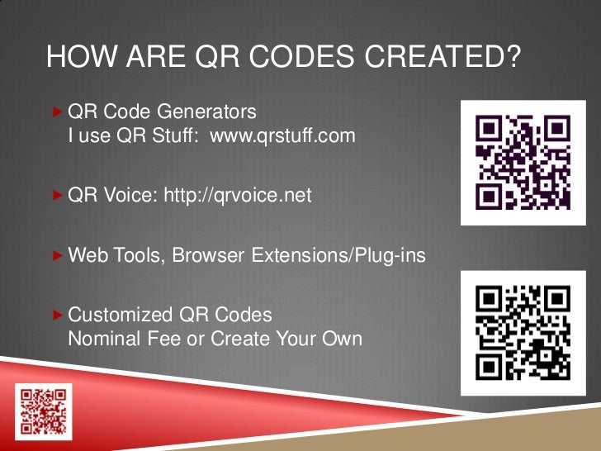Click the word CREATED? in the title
(x=448, y=57)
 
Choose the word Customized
(x=121, y=316)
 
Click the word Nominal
(x=104, y=339)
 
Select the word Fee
(x=166, y=339)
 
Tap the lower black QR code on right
(x=523, y=330)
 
